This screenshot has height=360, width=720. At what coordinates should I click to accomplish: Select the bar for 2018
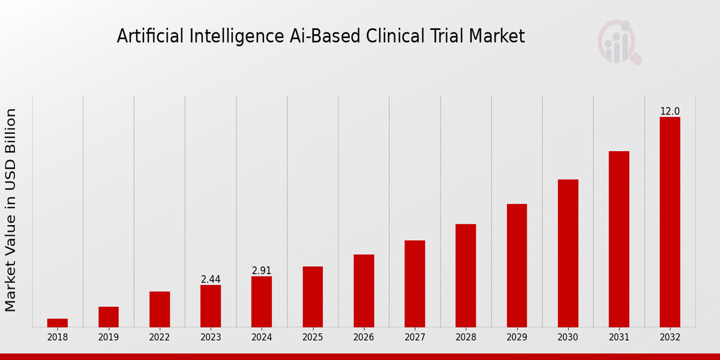(x=58, y=323)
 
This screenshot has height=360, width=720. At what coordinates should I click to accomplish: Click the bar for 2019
(x=109, y=317)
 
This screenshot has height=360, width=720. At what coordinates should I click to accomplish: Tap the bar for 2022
(x=160, y=309)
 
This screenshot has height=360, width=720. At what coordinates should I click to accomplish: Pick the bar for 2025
(x=313, y=296)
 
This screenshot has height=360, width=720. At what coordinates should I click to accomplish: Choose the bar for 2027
(x=415, y=283)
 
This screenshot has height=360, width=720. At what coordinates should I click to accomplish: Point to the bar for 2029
(x=517, y=265)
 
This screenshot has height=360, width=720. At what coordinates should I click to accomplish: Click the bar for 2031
(x=619, y=239)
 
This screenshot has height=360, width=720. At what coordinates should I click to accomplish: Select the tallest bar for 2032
(x=670, y=222)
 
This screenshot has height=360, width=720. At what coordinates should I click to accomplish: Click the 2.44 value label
(x=211, y=280)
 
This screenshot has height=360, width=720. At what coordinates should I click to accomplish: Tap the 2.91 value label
(x=262, y=271)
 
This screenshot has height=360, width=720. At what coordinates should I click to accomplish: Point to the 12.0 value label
(x=670, y=112)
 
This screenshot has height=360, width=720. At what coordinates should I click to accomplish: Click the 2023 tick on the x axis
(x=211, y=338)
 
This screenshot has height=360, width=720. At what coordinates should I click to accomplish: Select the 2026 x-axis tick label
(x=364, y=338)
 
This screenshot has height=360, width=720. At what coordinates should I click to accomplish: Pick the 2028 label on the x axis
(x=466, y=338)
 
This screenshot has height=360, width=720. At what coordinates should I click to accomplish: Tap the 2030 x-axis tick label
(x=568, y=338)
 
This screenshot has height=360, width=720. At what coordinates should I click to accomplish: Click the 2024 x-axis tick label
(x=262, y=338)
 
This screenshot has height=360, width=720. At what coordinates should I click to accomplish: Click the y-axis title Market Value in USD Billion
(x=11, y=210)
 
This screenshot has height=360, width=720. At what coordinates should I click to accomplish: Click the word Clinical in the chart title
(x=399, y=37)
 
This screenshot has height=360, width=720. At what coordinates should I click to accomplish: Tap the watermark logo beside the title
(x=619, y=42)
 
